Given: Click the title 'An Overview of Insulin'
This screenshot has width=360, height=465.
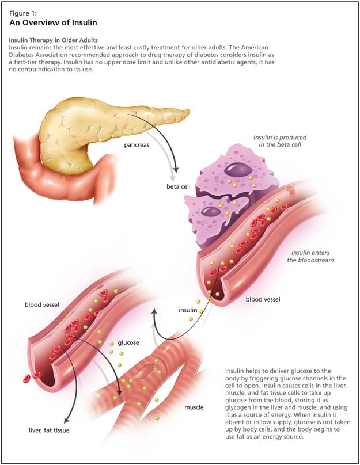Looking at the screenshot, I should pyautogui.click(x=52, y=22).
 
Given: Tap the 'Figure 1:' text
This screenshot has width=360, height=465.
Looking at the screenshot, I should pyautogui.click(x=24, y=12).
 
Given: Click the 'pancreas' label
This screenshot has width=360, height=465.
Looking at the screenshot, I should pyautogui.click(x=137, y=145).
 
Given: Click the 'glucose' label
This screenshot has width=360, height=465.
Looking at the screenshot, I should pyautogui.click(x=128, y=342).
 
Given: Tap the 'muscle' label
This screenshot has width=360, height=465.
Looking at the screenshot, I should pyautogui.click(x=194, y=407).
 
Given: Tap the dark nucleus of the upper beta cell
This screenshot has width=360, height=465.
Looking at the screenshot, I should pyautogui.click(x=237, y=170).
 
